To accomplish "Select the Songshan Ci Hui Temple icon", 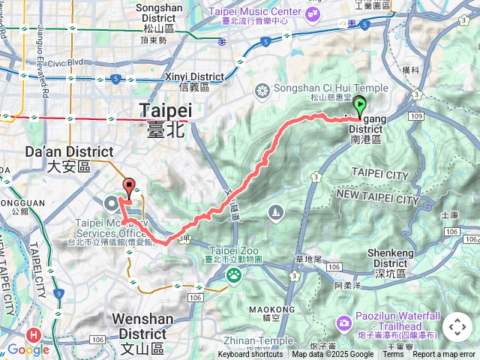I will (x=262, y=91).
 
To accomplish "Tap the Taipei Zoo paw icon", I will (x=233, y=275).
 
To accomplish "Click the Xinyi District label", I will (x=196, y=76).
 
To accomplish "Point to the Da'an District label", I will (x=80, y=152).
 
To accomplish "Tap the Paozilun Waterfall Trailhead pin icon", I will (x=343, y=324).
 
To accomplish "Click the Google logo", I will (x=28, y=349).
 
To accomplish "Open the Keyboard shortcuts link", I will (x=250, y=355).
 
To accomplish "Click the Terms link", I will (x=393, y=355).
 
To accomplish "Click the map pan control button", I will (x=457, y=327).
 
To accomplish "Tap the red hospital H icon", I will (x=33, y=335).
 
